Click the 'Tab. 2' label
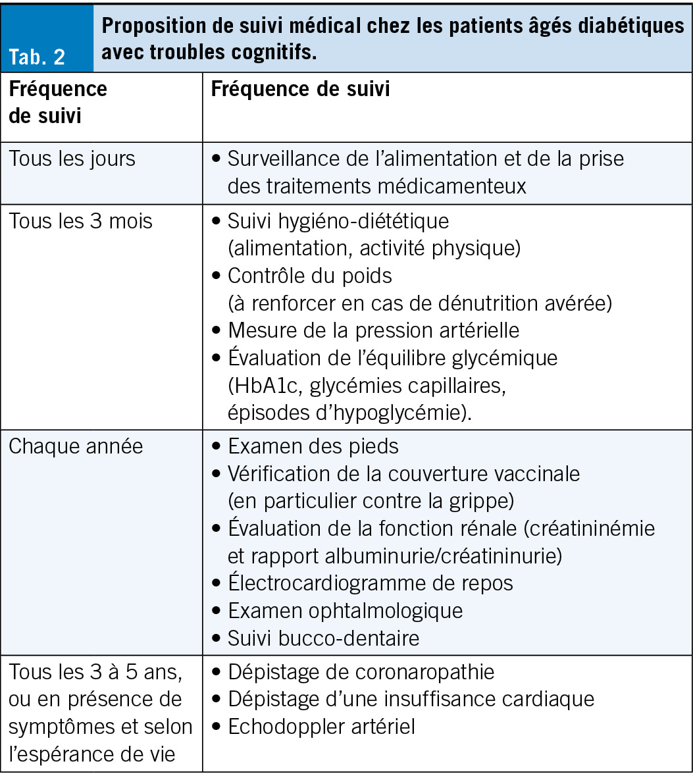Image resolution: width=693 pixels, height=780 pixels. (x=37, y=57)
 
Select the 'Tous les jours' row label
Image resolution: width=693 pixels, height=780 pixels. (x=72, y=159)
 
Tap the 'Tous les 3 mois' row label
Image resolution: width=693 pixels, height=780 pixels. (x=80, y=221)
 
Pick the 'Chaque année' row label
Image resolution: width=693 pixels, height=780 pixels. (x=76, y=446)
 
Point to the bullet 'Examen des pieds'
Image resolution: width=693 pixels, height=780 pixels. (x=313, y=446)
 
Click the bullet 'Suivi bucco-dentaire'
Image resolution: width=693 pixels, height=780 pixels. (x=323, y=638)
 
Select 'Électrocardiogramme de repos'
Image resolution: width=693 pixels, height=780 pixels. (x=370, y=583)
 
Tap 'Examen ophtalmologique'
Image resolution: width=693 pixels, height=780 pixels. (x=345, y=610)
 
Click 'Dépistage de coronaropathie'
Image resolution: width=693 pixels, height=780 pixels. (x=361, y=671)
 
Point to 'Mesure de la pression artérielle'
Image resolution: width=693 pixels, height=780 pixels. (x=373, y=330)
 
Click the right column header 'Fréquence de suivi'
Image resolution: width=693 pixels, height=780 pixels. (x=300, y=90)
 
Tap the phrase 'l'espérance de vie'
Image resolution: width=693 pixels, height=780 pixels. (x=91, y=754)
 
